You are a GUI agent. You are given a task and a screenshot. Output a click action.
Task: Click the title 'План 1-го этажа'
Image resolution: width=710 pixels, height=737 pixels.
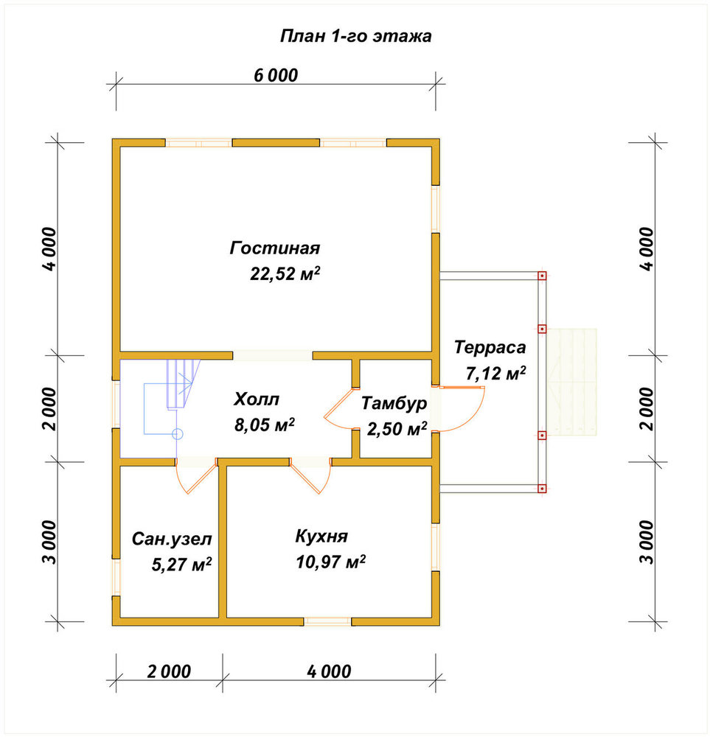pos(355,36)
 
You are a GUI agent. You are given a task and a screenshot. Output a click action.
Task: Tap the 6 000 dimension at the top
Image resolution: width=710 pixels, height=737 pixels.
pos(276,75)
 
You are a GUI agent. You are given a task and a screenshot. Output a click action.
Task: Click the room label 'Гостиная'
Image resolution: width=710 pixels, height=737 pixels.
pos(275,248)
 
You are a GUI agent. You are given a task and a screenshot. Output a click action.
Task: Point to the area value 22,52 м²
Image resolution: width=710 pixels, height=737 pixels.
pos(285,273)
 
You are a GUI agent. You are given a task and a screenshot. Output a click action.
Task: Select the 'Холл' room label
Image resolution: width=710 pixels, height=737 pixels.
pos(257,399)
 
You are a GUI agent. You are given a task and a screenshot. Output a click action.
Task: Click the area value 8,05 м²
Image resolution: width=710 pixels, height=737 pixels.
pos(264,425)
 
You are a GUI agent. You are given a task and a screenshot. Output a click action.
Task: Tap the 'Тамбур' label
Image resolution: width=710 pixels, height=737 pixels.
pos(394,403)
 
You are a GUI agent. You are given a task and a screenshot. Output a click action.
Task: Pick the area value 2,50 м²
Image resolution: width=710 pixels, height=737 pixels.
pos(397,429)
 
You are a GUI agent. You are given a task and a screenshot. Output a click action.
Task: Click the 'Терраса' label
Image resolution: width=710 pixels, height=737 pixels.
pos(490,348)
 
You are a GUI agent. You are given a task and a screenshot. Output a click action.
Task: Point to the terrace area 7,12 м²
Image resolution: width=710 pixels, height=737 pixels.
pos(495,373)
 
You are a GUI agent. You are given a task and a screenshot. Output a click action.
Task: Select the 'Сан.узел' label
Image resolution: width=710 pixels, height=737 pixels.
pos(172,539)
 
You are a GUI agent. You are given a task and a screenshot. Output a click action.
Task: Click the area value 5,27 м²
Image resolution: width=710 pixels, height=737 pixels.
pos(181,564)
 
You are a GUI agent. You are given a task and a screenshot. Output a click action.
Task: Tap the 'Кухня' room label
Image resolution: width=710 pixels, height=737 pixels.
pos(321,537)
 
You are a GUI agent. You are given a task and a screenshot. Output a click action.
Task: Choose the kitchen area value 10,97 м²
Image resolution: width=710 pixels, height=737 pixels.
pos(331,562)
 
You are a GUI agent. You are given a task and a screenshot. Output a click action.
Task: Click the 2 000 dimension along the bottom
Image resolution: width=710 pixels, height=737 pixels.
pos(169,671)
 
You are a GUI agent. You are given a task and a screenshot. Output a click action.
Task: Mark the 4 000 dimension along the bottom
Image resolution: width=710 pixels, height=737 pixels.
pos(329,671)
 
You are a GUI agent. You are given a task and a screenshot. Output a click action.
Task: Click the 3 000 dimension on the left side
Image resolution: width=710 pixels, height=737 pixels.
pos(49,542)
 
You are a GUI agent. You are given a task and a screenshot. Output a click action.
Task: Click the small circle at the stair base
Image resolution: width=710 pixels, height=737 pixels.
pos(177,434)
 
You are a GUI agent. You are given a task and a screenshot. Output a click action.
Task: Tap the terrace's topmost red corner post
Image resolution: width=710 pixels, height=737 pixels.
pos(542,276)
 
